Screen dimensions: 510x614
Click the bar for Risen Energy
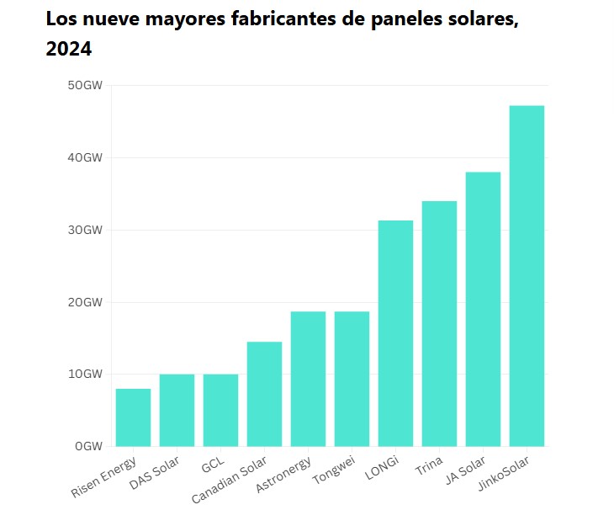click(x=133, y=417)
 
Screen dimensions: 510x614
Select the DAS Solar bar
click(x=177, y=410)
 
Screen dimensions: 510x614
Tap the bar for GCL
click(x=220, y=410)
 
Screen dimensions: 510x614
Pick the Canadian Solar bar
click(x=264, y=394)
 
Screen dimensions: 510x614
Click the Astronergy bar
click(x=308, y=379)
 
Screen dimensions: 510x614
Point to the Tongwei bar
click(x=352, y=379)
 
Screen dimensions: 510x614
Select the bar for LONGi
click(x=395, y=333)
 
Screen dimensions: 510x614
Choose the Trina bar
click(x=439, y=323)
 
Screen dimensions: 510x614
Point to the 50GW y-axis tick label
click(x=86, y=85)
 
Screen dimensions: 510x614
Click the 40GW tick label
click(x=86, y=157)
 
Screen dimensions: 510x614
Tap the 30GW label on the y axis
click(x=86, y=230)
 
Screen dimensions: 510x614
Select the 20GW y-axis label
click(x=86, y=302)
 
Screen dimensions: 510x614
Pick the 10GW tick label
click(x=86, y=374)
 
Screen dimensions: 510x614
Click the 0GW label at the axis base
click(x=89, y=446)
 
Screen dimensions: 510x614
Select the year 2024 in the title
click(x=68, y=50)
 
